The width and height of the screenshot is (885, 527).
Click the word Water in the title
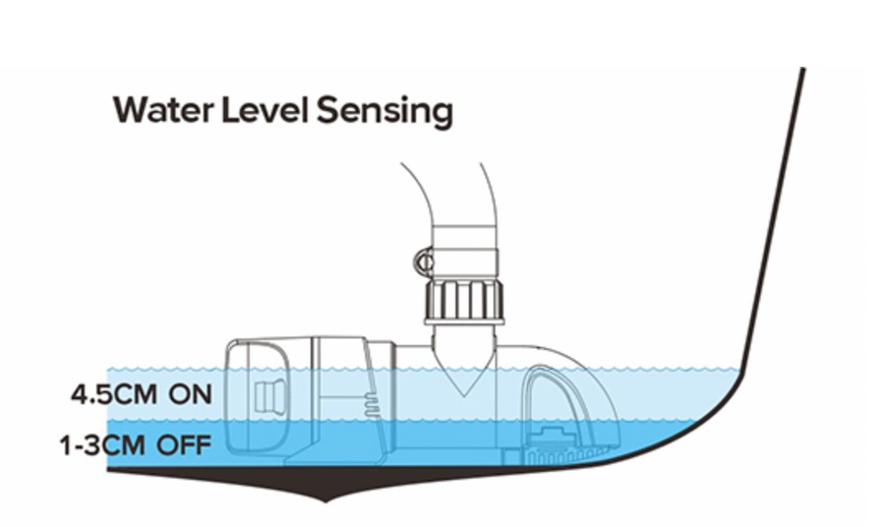159,109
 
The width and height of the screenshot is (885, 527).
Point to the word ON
190,395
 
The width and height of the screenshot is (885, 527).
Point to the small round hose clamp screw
421,262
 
